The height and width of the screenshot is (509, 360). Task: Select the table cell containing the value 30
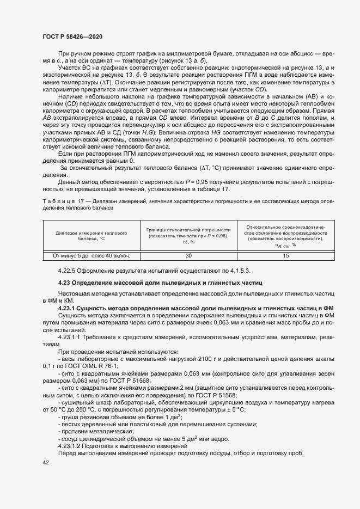point(189,255)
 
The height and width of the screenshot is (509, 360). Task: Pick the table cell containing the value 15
point(285,255)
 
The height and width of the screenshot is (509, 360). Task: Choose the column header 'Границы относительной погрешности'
point(189,235)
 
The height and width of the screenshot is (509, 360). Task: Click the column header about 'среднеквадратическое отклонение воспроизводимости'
point(285,235)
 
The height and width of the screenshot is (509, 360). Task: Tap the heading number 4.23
point(66,283)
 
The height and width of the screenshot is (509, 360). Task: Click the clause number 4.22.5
point(69,271)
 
